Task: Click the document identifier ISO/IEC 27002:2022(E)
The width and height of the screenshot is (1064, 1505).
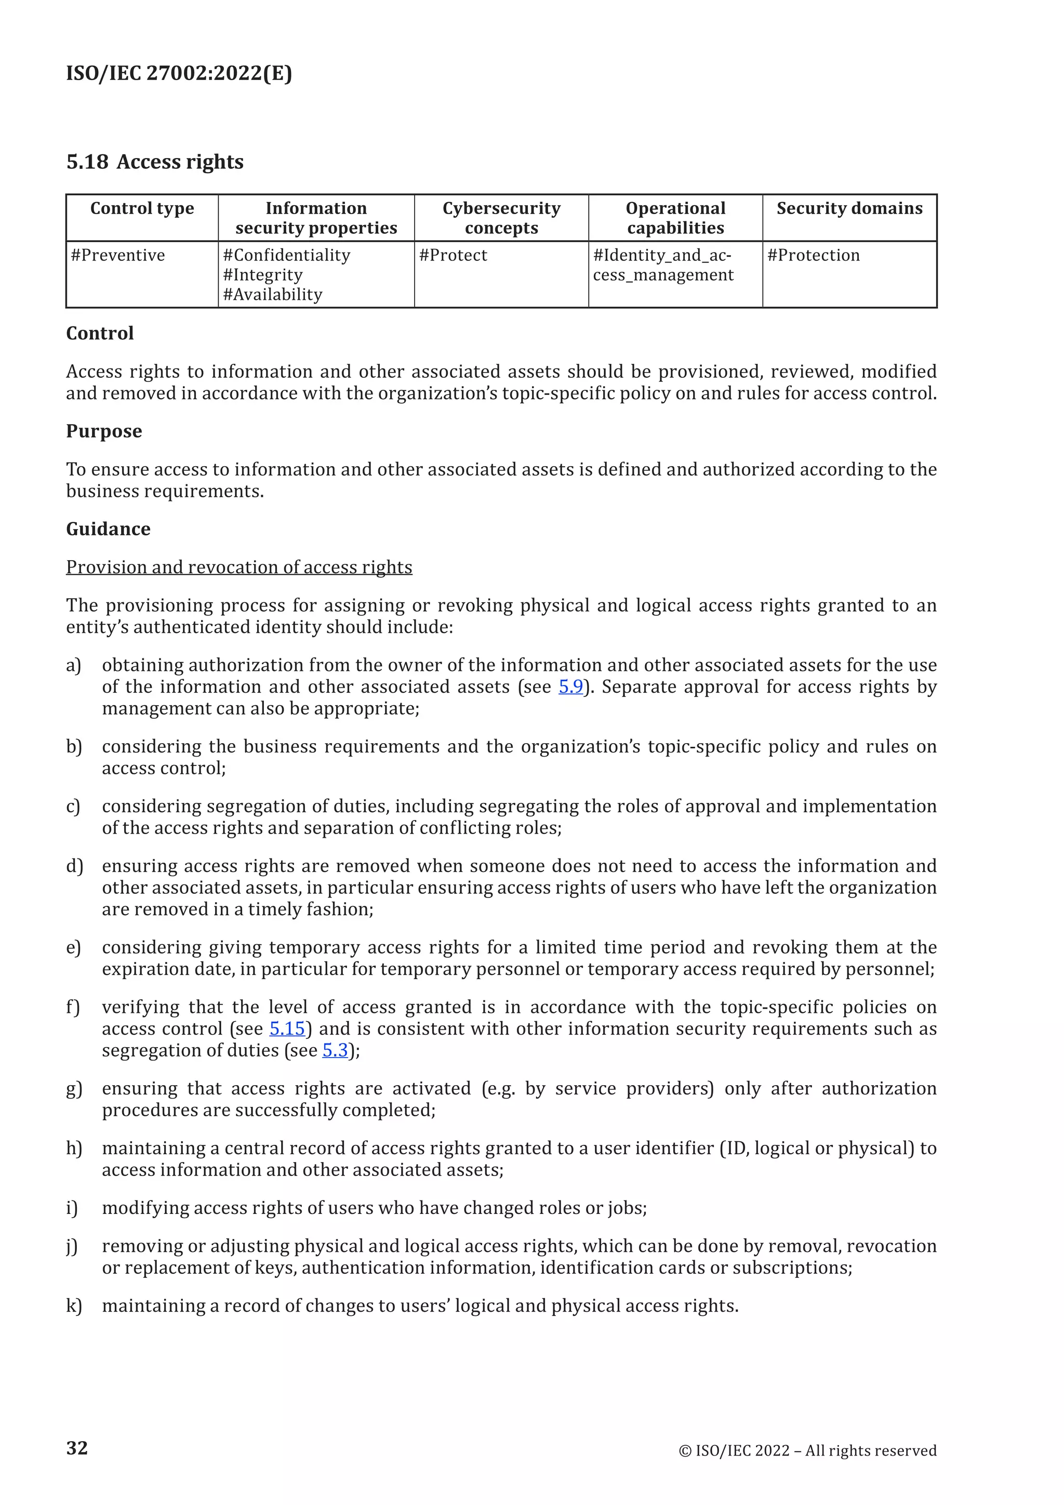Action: [179, 73]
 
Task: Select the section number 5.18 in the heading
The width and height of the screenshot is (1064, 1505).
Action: [87, 162]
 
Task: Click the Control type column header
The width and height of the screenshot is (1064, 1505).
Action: [142, 208]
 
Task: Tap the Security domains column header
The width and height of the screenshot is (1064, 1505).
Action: [849, 208]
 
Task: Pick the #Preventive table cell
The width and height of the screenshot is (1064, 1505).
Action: [118, 255]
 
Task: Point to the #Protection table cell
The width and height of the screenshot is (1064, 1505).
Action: [813, 255]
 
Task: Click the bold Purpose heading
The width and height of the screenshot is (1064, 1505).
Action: [103, 431]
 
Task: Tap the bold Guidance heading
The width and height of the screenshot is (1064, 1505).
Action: [108, 529]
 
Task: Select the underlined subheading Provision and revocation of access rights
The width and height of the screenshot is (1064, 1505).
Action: [239, 567]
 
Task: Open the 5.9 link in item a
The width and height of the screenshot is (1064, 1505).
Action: [570, 687]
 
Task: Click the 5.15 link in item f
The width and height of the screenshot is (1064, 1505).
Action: [287, 1028]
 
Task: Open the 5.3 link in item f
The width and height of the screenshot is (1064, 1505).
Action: [335, 1050]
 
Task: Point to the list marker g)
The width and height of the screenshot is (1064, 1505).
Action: [74, 1089]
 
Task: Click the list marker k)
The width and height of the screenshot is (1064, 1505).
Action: [74, 1306]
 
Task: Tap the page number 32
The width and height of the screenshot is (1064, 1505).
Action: [77, 1448]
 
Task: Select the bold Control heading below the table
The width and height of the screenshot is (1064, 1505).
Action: [100, 334]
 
